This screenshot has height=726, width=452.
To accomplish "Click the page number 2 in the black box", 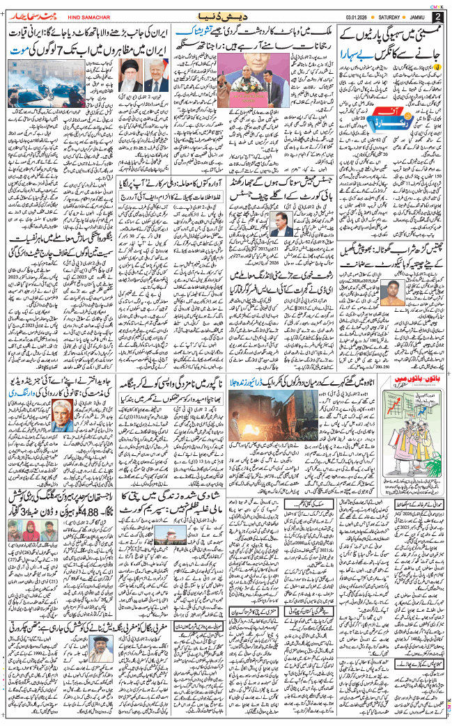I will coord(437,16).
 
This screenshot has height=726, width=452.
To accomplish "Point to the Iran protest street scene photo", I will coord(34,82).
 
